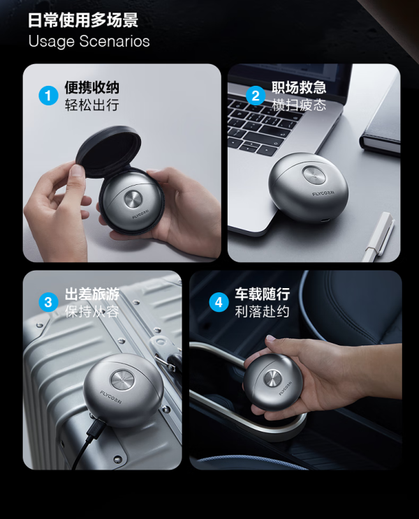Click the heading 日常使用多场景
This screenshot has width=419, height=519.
[x=83, y=20]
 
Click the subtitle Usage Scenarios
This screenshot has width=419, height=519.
[x=89, y=41]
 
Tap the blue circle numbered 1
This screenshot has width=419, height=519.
[x=48, y=96]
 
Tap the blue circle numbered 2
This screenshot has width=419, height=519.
[x=256, y=96]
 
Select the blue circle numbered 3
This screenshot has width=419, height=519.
[x=48, y=302]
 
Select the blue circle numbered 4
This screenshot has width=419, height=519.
[x=219, y=302]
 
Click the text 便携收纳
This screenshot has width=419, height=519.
[x=91, y=87]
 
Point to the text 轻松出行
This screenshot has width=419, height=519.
[x=91, y=105]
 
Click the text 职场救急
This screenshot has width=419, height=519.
[x=299, y=87]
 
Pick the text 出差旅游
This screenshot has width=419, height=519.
[x=91, y=294]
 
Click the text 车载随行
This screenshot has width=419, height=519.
[x=263, y=294]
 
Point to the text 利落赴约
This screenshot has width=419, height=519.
[x=263, y=311]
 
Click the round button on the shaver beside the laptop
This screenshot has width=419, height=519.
[x=314, y=174]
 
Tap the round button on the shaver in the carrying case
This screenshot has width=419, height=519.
[x=133, y=200]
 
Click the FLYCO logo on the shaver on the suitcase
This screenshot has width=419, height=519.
[x=111, y=397]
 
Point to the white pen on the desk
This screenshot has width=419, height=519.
[x=378, y=236]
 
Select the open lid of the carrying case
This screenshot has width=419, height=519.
[x=108, y=151]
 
